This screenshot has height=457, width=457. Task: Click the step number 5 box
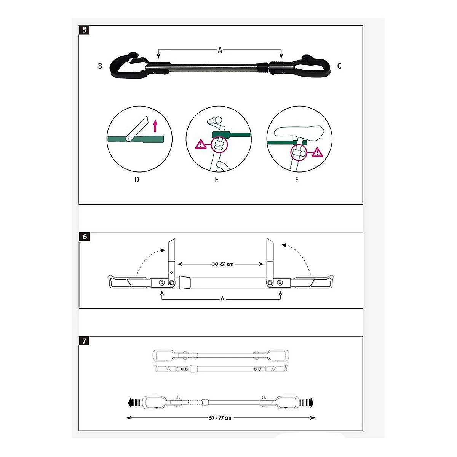tap(85, 30)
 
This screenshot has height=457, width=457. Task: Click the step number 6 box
tap(85, 236)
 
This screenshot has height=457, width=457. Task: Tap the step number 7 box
tap(84, 341)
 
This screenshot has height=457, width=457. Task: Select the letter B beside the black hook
tap(100, 66)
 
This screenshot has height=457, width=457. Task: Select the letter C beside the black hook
tap(339, 66)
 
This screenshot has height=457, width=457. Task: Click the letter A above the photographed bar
tap(220, 50)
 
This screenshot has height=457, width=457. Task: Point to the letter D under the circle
tap(137, 180)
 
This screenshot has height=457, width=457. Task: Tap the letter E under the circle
tap(217, 180)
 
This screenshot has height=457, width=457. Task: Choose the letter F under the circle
tap(296, 180)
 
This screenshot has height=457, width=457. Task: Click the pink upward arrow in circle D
tap(155, 126)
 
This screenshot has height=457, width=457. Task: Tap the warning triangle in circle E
tap(201, 144)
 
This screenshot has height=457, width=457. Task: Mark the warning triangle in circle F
tap(317, 152)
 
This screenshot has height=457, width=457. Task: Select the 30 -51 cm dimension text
tap(223, 264)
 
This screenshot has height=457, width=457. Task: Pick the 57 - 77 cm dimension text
tap(220, 424)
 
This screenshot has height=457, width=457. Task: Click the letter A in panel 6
tap(222, 298)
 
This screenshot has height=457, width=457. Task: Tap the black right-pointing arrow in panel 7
tap(307, 403)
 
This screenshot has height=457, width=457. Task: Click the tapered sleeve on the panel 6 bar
tap(185, 283)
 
